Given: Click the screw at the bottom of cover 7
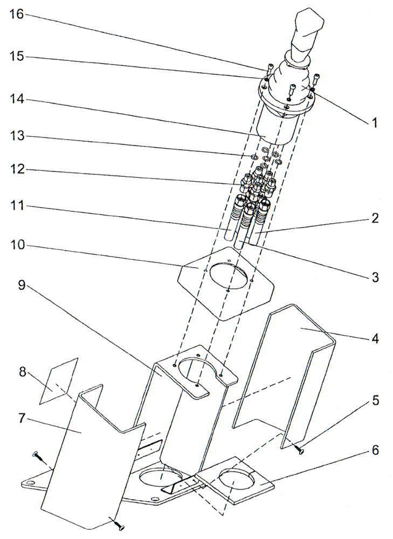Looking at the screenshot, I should [x=118, y=523].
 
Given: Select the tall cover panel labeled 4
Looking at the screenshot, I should [x=291, y=367].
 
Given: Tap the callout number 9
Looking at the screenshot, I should [x=21, y=285].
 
